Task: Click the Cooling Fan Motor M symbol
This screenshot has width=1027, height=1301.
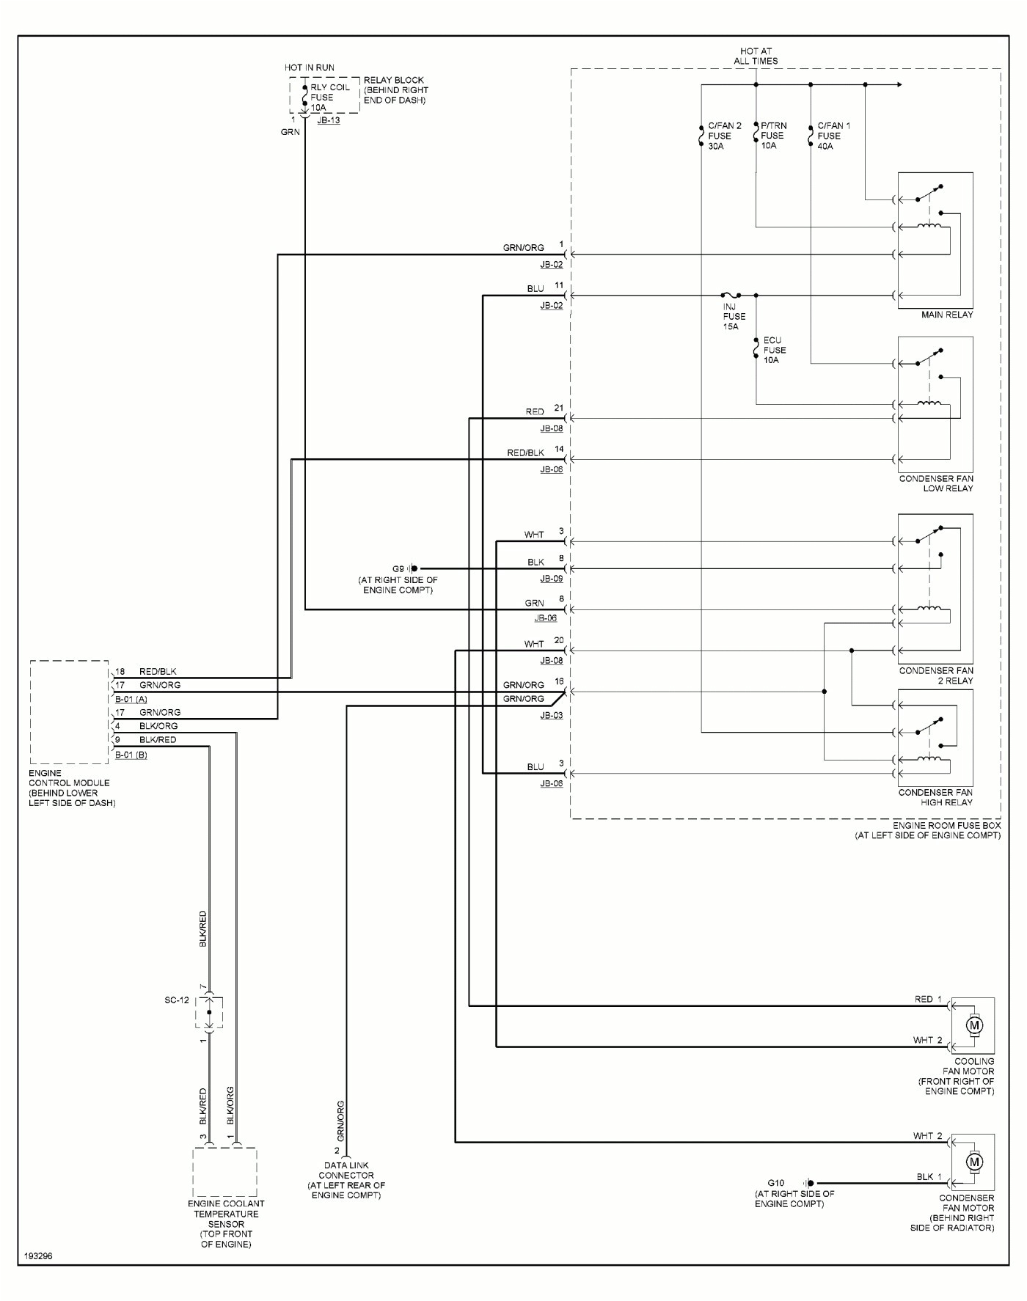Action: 974,1025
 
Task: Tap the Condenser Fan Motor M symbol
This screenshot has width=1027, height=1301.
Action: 974,1162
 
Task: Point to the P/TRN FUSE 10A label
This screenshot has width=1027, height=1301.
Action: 773,136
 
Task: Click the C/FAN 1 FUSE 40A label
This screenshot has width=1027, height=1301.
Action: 833,136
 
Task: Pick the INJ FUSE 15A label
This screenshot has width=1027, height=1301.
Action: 734,316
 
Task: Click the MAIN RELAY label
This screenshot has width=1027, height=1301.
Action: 947,315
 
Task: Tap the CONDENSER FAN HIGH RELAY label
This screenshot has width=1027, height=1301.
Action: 935,797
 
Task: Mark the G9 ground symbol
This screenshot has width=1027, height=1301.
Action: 413,568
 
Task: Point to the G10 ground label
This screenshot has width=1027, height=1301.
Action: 775,1183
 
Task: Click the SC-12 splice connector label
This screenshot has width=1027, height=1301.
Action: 177,1000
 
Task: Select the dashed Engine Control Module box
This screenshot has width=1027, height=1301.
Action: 69,711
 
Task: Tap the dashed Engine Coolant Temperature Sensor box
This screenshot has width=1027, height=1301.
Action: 224,1172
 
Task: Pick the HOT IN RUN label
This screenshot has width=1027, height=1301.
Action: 309,67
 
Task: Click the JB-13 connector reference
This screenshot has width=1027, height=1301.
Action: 328,120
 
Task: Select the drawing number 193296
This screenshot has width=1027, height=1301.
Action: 38,1256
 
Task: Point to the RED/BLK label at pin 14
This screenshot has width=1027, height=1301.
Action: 525,452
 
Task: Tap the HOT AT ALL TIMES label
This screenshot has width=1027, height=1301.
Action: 756,56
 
